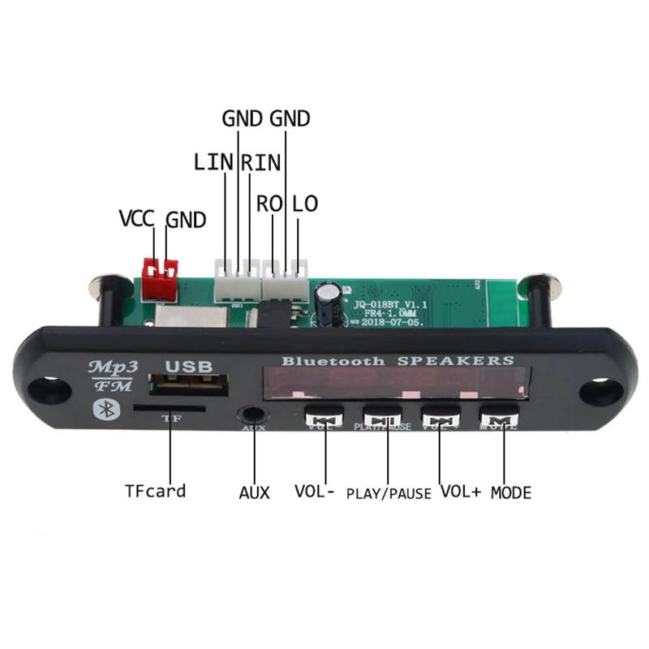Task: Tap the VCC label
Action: pyautogui.click(x=137, y=219)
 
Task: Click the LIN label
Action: pyautogui.click(x=214, y=162)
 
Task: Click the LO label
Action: pyautogui.click(x=305, y=204)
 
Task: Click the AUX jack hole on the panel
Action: pyautogui.click(x=253, y=415)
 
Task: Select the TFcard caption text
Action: pyautogui.click(x=155, y=491)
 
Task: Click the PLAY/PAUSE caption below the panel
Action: pyautogui.click(x=389, y=493)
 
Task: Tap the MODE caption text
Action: pyautogui.click(x=511, y=492)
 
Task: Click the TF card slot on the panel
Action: pyautogui.click(x=170, y=409)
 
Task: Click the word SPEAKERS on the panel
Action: pyautogui.click(x=466, y=360)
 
